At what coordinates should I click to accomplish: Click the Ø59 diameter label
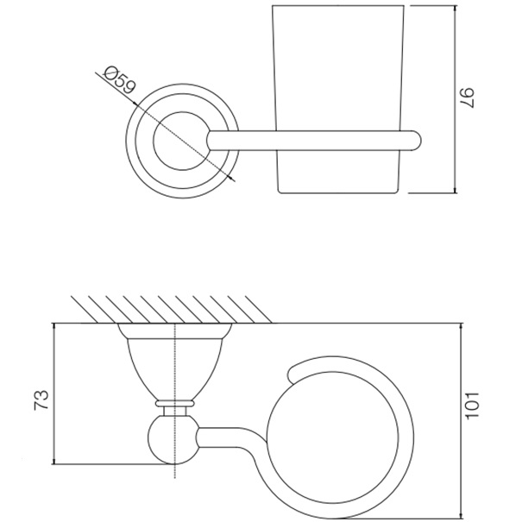point(120,80)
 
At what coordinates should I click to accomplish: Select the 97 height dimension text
point(467,97)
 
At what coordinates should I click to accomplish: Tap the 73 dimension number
point(41,399)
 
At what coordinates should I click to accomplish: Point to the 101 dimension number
point(472,406)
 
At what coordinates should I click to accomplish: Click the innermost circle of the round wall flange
point(182,141)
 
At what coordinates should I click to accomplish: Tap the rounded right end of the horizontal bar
point(415,141)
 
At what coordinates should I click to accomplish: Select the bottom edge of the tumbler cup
point(337,192)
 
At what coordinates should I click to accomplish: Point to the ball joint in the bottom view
point(173,439)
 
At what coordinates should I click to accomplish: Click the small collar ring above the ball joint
point(174,404)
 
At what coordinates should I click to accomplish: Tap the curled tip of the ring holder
point(292,374)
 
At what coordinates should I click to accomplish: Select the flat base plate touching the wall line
point(174,331)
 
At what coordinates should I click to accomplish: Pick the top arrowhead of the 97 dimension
point(456,9)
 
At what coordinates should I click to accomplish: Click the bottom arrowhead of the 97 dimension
point(456,189)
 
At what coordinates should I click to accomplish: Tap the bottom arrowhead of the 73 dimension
point(54,461)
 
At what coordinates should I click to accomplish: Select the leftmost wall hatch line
point(85,309)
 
